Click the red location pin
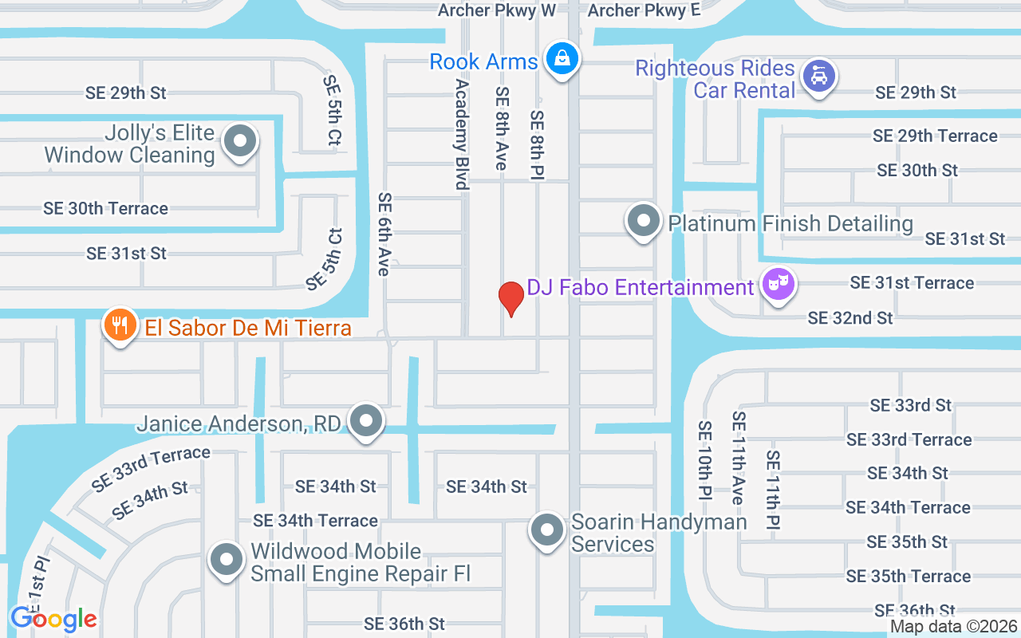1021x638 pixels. (510, 299)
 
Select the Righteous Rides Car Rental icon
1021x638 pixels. (818, 77)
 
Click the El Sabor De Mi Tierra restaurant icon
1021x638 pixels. (120, 325)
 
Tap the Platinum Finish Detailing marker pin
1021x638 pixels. (643, 222)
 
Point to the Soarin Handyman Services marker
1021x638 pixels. (547, 530)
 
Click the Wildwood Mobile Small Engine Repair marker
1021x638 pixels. (227, 560)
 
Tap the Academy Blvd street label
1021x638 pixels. (461, 133)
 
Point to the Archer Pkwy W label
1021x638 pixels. (496, 10)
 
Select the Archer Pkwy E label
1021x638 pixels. (644, 10)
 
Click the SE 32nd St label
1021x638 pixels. (850, 318)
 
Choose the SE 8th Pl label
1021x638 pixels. (537, 144)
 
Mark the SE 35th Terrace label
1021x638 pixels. (908, 576)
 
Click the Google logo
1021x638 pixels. (53, 618)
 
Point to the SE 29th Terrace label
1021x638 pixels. (935, 136)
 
